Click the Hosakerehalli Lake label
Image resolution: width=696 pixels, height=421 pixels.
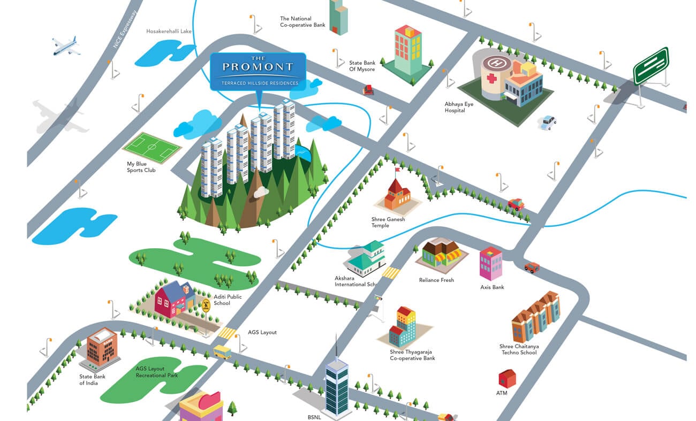coord(169,31)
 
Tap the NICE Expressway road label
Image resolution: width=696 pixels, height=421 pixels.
coord(125,29)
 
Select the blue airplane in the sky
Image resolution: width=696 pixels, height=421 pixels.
coord(66,46)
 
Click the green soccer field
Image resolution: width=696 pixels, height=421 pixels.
coord(152,148)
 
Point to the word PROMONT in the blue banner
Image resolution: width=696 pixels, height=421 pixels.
coord(258,66)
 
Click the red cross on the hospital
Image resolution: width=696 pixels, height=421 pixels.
coord(491,78)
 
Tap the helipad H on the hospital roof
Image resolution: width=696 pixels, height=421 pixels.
coord(496,63)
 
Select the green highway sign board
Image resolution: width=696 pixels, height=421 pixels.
coord(651,65)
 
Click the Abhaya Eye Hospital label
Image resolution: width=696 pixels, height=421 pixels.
coord(459,107)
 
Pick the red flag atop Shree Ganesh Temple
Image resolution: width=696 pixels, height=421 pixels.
coord(397,170)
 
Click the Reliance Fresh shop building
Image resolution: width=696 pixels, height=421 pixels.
coord(441,254)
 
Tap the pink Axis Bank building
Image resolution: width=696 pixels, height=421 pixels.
coord(491,264)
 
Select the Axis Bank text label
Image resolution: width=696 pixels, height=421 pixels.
coord(492,287)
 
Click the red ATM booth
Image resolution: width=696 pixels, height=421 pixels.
coord(507,378)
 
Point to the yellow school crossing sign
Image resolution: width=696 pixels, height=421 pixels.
coord(206,305)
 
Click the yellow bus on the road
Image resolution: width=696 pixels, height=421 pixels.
coord(222,352)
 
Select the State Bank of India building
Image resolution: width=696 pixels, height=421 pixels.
coord(101,349)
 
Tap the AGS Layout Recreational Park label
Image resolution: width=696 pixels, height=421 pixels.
coord(156,372)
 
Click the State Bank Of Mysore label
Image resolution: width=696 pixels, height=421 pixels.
coord(362,66)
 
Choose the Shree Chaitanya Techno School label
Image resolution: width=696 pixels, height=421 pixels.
coord(519,349)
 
